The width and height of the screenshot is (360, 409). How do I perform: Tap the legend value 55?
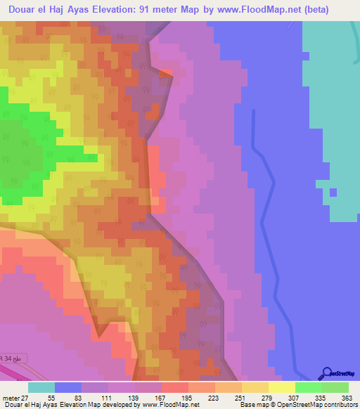tap(51, 398)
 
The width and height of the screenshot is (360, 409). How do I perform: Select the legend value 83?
tap(77, 398)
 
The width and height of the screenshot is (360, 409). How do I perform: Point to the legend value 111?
tap(105, 398)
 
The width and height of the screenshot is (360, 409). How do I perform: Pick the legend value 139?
tap(131, 398)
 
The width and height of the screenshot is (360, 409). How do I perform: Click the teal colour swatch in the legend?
tap(41, 387)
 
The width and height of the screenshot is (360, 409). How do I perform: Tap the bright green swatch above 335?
tap(308, 387)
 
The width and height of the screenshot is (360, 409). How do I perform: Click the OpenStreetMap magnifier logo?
tap(326, 373)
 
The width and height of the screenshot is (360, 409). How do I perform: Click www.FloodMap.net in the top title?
tap(267, 11)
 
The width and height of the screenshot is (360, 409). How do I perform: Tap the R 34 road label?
tap(7, 359)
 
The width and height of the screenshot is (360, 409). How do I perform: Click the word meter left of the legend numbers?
tap(11, 398)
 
